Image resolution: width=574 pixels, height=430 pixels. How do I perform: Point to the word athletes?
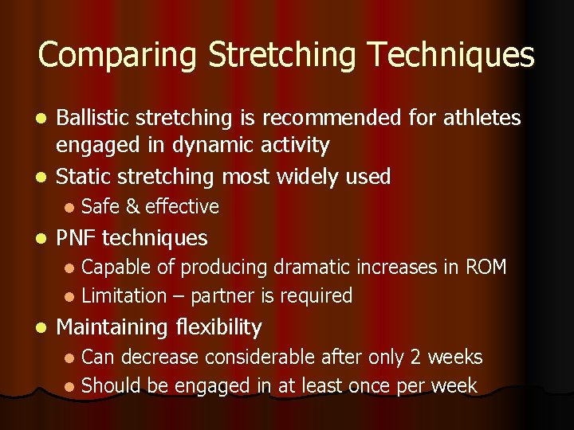point(481,119)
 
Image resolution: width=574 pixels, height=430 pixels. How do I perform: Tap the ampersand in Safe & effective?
point(132,207)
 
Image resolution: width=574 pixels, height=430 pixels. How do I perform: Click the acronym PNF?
point(77,237)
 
